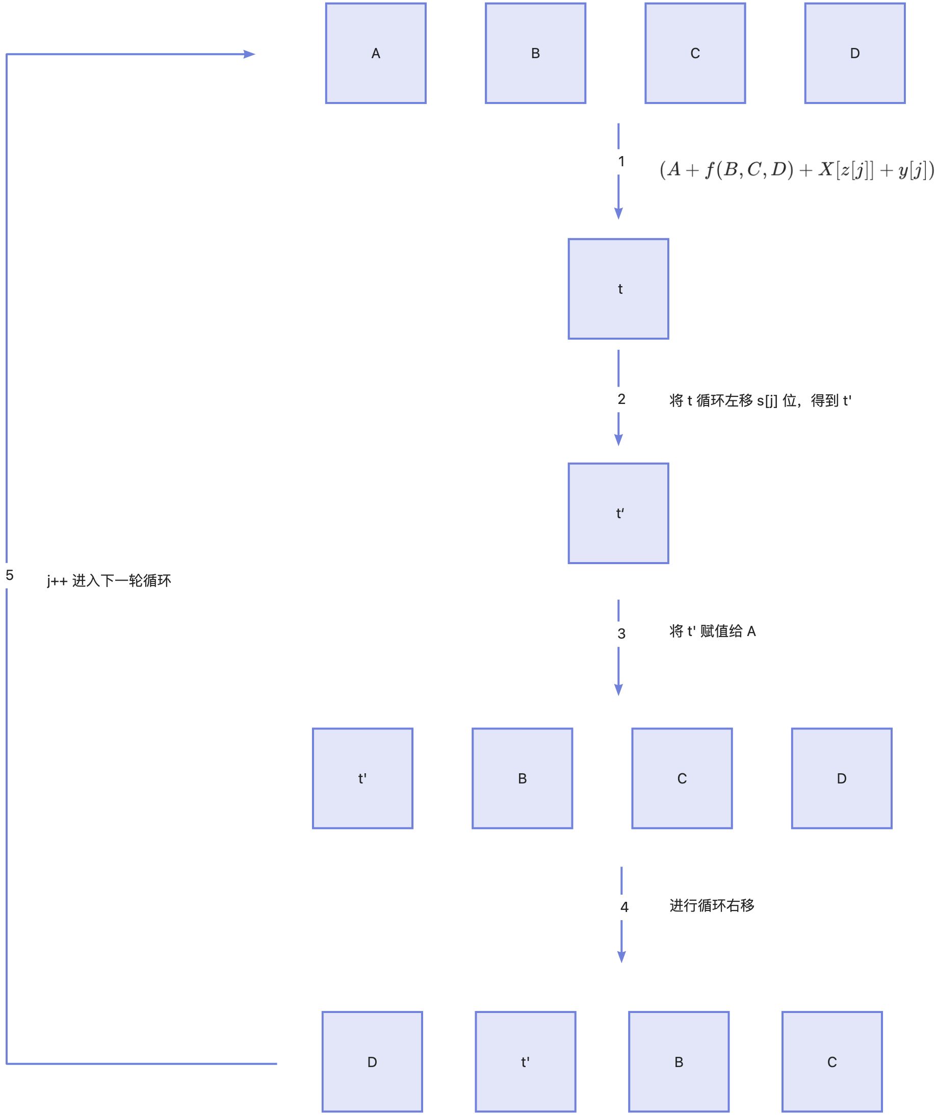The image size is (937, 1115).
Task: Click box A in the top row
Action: tap(376, 53)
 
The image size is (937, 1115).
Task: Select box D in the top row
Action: tap(854, 53)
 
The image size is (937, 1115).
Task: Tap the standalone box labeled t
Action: tap(618, 289)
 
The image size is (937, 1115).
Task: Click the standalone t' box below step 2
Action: tap(618, 513)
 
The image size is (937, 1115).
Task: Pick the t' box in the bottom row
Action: tap(525, 1061)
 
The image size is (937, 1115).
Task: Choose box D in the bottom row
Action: tap(372, 1061)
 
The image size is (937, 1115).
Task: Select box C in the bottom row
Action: tap(832, 1061)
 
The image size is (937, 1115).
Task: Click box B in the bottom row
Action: tap(679, 1061)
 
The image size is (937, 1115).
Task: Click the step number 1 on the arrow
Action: tap(621, 162)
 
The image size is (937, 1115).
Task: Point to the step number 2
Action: tap(621, 399)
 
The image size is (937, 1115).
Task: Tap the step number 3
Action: tap(621, 633)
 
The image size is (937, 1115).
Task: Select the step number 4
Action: tap(624, 907)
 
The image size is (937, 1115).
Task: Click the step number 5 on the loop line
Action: tap(10, 575)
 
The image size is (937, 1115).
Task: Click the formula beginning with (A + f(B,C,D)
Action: tap(796, 169)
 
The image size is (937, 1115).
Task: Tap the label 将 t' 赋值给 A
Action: tap(712, 631)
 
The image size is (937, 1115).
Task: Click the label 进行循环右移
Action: tap(712, 905)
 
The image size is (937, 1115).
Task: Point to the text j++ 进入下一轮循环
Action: tap(109, 581)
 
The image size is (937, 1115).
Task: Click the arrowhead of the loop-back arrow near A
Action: tap(250, 54)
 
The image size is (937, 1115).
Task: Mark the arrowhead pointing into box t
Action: tap(618, 213)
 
